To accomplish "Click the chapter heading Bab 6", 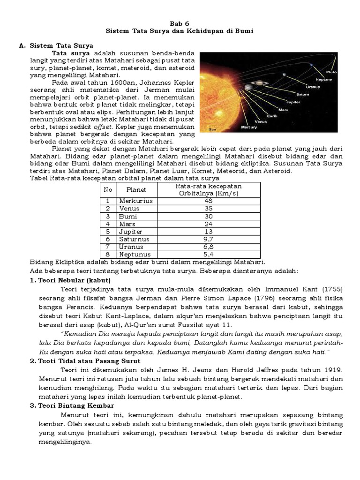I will [x=180, y=22].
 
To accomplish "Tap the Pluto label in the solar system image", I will [x=331, y=73].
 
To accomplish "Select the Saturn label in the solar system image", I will [x=303, y=94].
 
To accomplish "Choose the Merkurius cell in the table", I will [x=136, y=201].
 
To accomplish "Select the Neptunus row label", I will [x=135, y=255].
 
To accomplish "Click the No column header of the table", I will [x=107, y=190].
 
